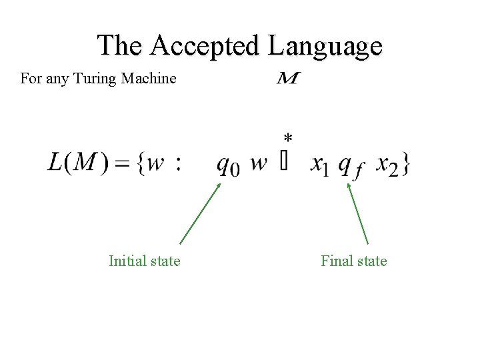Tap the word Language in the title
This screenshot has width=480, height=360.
pyautogui.click(x=325, y=46)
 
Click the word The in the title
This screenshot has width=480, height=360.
pyautogui.click(x=121, y=45)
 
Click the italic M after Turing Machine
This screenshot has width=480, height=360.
pyautogui.click(x=287, y=79)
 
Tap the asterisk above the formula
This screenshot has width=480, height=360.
pyautogui.click(x=287, y=138)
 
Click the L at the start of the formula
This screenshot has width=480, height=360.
pyautogui.click(x=55, y=162)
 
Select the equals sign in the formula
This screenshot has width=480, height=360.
pyautogui.click(x=122, y=163)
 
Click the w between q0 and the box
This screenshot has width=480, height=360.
pyautogui.click(x=259, y=164)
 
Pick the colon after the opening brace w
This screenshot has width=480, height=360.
pyautogui.click(x=177, y=164)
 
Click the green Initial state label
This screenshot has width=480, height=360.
pyautogui.click(x=144, y=261)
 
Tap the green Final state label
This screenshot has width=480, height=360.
pyautogui.click(x=353, y=261)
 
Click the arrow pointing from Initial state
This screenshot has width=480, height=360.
pyautogui.click(x=200, y=213)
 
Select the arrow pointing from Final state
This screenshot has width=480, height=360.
pyautogui.click(x=357, y=213)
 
